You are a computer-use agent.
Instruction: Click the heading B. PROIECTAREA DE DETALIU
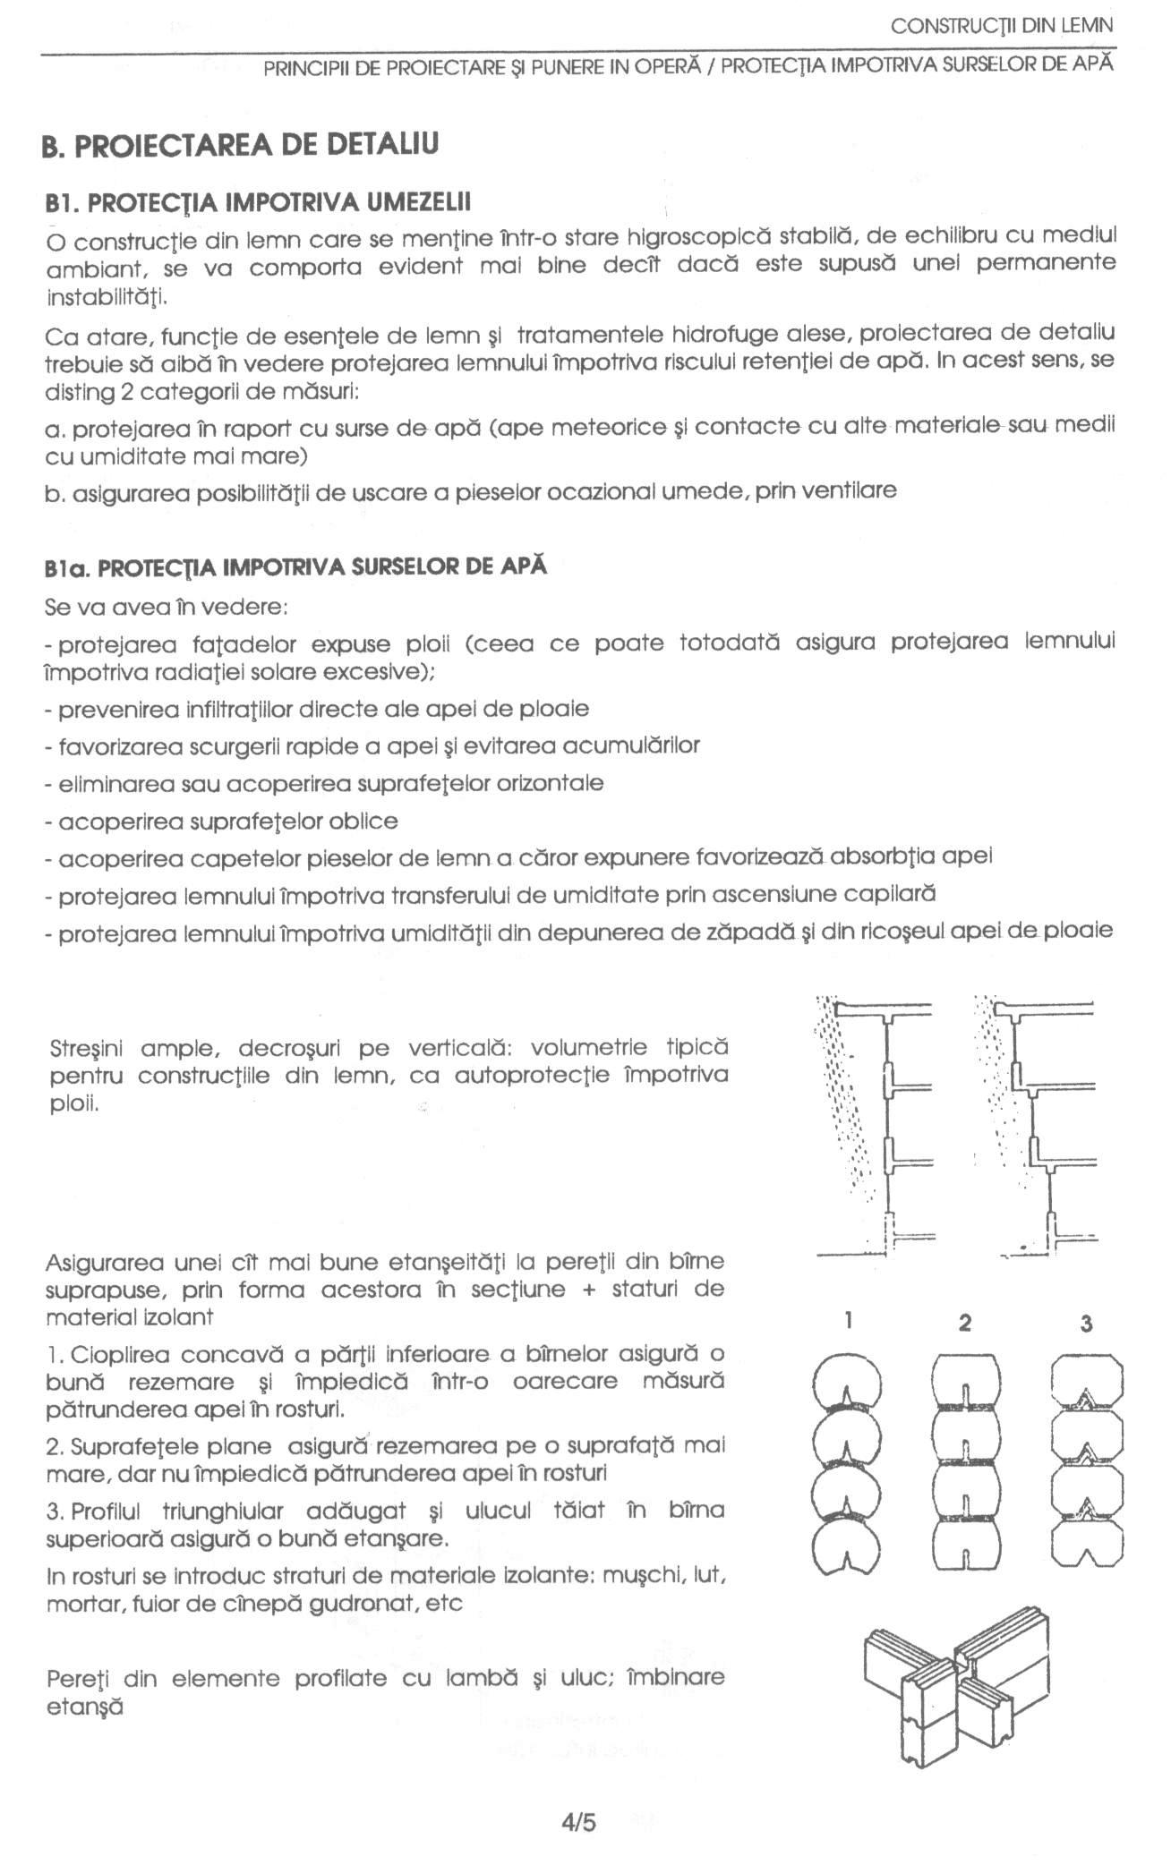[241, 145]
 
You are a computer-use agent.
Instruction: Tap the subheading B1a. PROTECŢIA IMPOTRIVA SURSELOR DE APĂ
[295, 566]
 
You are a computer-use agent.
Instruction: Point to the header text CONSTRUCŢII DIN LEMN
[1002, 26]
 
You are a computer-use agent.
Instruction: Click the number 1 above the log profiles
[848, 1321]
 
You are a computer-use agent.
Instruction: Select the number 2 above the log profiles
[964, 1323]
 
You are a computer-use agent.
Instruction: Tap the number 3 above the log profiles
[1086, 1323]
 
